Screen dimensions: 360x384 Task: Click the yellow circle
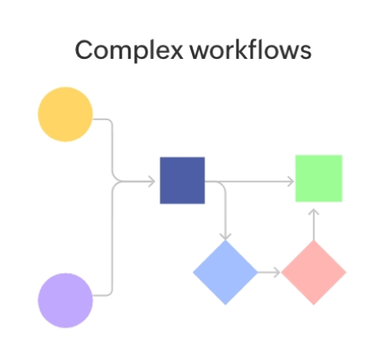coord(65,115)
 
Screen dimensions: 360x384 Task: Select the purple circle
coord(65,300)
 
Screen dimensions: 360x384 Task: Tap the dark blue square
coord(183,180)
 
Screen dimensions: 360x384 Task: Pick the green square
coord(318,178)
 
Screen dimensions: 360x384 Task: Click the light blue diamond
coord(225,272)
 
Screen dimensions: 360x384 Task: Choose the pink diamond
coord(313,272)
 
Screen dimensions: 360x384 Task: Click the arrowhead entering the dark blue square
coord(154,181)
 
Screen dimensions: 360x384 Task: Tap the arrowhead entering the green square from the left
coord(290,181)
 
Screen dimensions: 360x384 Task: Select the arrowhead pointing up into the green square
coord(313,210)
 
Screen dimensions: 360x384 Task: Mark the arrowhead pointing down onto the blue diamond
coord(225,236)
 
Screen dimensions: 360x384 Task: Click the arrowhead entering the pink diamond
coord(276,273)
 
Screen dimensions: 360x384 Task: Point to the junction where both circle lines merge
coord(113,181)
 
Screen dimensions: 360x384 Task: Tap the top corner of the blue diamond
coord(225,242)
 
